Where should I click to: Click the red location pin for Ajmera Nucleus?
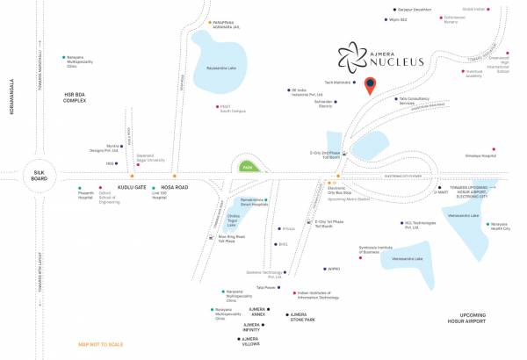(372, 86)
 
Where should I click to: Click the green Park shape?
(247, 166)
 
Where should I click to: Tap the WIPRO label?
(332, 269)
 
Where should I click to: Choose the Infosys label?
(287, 229)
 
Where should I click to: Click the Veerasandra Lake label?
(463, 215)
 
